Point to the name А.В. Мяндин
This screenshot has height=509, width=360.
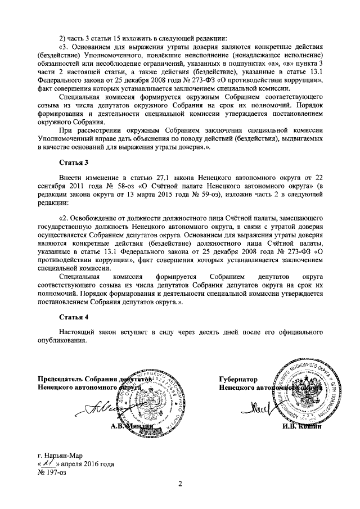pyautogui.click(x=131, y=427)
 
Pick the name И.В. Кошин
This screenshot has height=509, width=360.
pyautogui.click(x=301, y=427)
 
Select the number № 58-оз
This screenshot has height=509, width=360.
pyautogui.click(x=101, y=186)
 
